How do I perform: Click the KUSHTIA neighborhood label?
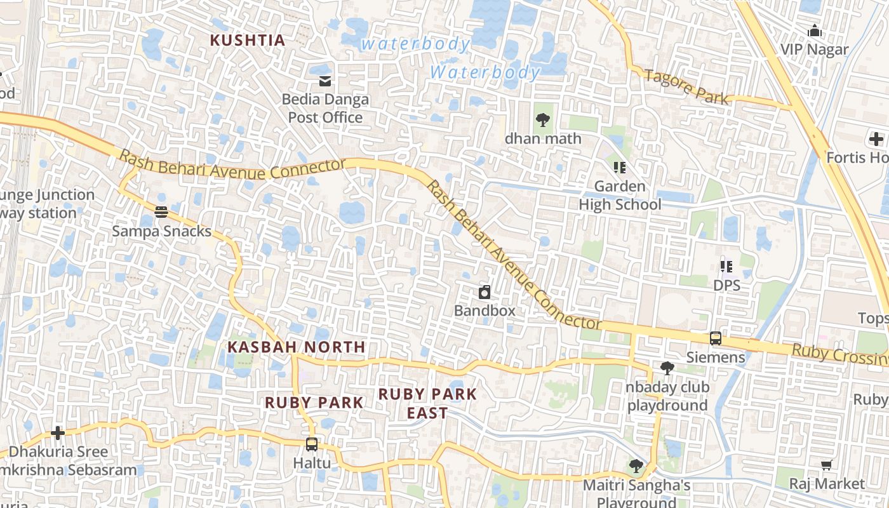click(x=248, y=40)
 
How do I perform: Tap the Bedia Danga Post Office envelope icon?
click(x=325, y=81)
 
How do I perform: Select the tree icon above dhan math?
click(x=542, y=119)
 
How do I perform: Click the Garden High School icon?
click(x=619, y=168)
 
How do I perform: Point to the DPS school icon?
click(x=726, y=267)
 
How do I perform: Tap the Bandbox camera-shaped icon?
click(x=485, y=292)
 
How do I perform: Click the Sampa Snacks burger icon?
click(x=161, y=212)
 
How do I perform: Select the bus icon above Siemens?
click(x=716, y=338)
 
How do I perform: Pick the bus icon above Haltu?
click(x=311, y=444)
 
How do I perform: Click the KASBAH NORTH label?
click(x=297, y=347)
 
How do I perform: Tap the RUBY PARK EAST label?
click(x=427, y=403)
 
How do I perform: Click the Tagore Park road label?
click(x=686, y=86)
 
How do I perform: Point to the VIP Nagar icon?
click(x=814, y=30)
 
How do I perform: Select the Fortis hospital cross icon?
click(x=876, y=139)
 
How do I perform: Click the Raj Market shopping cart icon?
click(x=826, y=465)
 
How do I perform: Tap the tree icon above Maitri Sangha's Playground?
click(x=636, y=467)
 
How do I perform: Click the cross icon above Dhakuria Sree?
click(x=58, y=433)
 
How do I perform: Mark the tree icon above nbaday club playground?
click(x=667, y=368)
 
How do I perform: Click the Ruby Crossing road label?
click(x=838, y=353)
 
